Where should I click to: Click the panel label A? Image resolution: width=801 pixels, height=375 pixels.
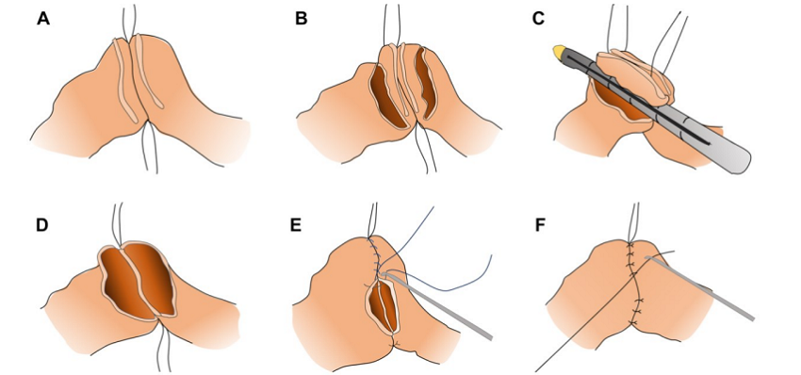[x=44, y=19]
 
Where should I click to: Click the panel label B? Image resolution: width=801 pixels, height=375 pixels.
[x=302, y=19]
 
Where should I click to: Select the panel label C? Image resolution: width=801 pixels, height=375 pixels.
[x=538, y=19]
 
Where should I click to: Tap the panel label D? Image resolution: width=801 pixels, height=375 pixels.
[x=41, y=225]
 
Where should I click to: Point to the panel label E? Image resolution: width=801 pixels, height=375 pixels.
[x=296, y=225]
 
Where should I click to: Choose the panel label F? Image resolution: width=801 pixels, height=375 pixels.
[x=539, y=225]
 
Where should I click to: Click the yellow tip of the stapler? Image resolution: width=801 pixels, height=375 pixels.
[x=560, y=51]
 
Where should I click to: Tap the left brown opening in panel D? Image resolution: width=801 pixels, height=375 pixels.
[x=126, y=283]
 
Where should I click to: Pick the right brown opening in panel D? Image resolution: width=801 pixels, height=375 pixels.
[x=153, y=279]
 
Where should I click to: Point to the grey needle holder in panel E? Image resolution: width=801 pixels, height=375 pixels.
[x=438, y=306]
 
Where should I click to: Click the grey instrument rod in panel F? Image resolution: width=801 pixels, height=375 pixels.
[x=700, y=288]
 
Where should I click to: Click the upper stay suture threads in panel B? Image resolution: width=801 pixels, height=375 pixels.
[x=392, y=25]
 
